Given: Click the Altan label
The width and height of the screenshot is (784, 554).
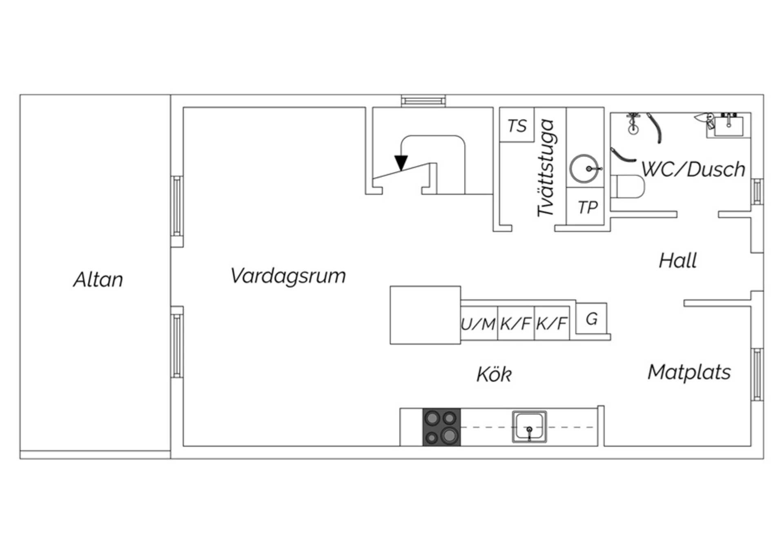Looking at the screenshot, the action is [98, 280].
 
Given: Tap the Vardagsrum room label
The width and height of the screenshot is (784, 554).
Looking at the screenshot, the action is [288, 276].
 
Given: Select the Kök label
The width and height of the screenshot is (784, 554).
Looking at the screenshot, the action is [494, 374].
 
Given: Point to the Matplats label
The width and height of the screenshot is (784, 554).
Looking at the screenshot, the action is [689, 372].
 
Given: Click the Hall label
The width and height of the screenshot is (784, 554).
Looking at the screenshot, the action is [678, 260].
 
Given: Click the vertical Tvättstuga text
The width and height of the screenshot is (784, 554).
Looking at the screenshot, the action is [546, 167].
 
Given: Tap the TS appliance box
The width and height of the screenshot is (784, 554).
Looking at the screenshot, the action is [517, 125].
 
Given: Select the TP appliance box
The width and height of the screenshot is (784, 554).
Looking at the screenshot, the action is [585, 206].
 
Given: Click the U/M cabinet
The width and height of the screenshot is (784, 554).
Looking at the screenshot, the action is [479, 323].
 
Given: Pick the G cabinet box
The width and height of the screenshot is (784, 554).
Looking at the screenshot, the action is [591, 318].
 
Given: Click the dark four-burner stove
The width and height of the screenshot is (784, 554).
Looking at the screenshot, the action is [441, 427].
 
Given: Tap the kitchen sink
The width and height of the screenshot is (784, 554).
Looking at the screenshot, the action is [529, 427].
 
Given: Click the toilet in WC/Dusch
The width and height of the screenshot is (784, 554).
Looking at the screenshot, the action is [628, 187].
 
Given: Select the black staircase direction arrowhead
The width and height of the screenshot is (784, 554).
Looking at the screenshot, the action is [401, 162].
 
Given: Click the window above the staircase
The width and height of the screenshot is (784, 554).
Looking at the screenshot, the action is [423, 101].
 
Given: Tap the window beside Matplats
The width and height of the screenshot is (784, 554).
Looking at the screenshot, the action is [757, 374].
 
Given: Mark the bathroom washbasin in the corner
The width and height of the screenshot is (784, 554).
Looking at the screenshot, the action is [728, 125].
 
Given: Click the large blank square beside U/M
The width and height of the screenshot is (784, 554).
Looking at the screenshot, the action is [425, 315].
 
